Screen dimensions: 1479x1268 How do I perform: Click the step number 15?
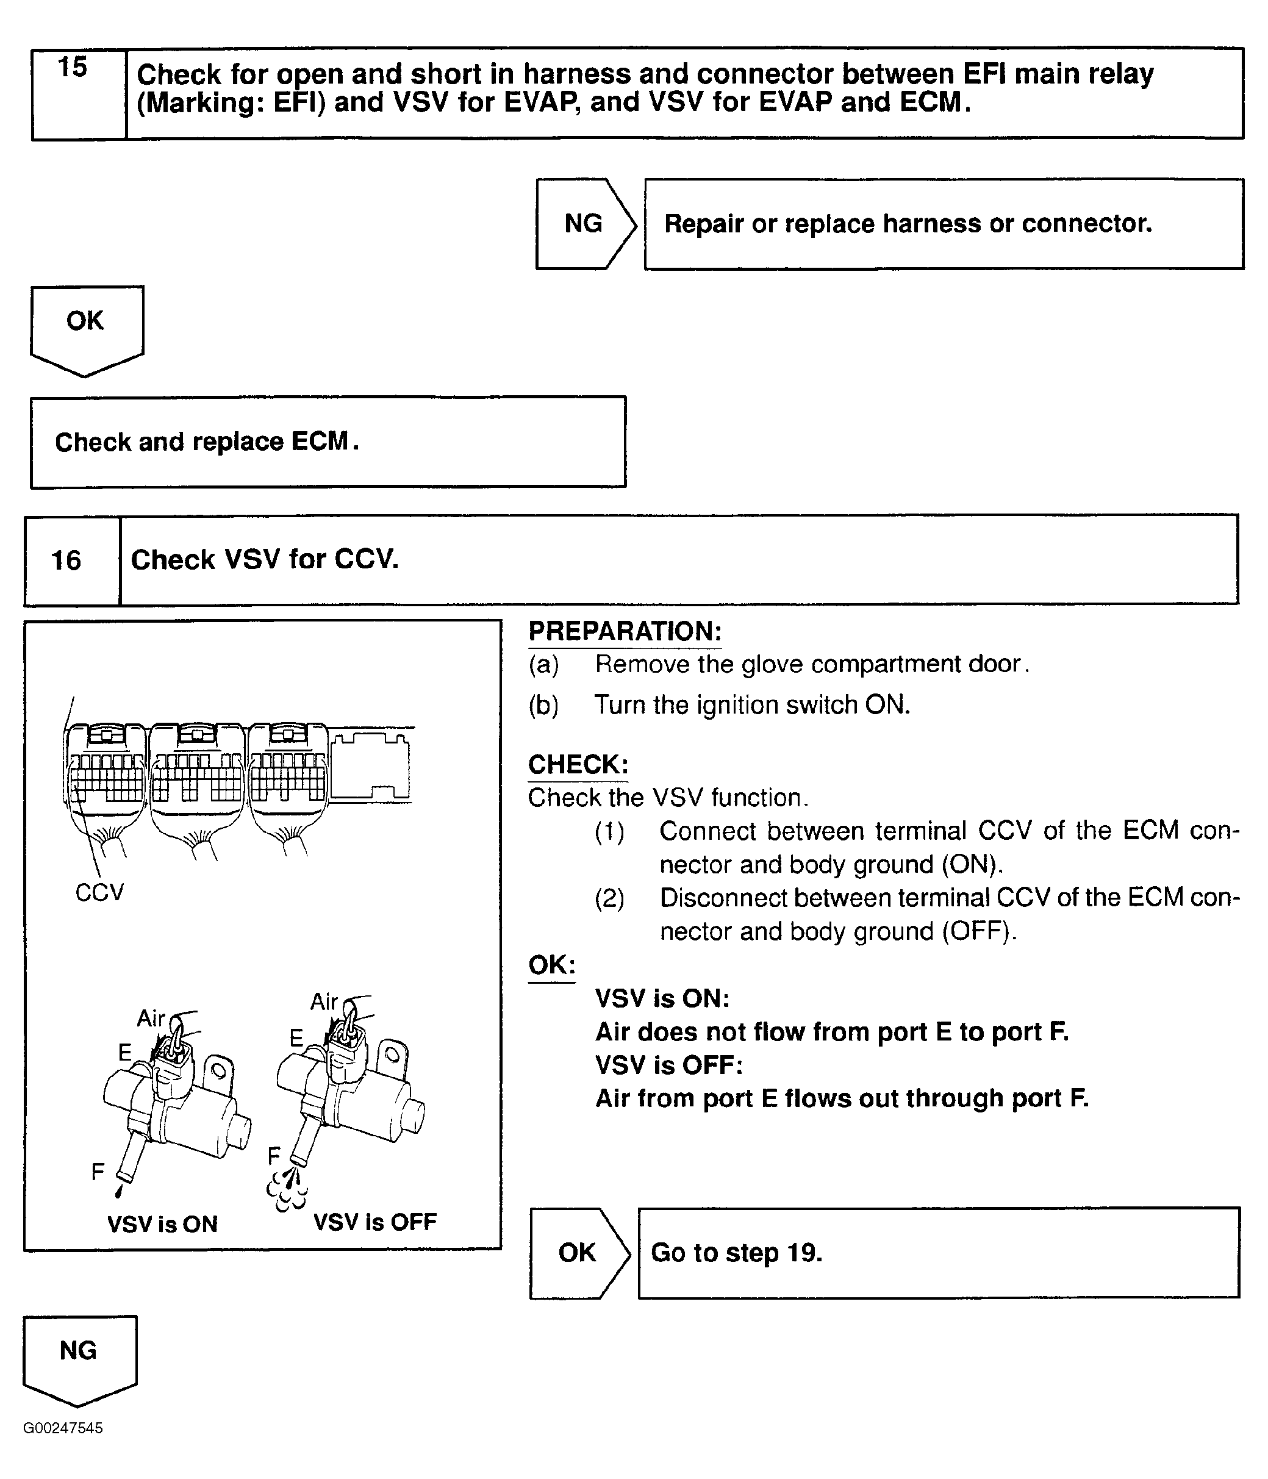coord(72,68)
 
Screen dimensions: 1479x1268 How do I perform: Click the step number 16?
coord(66,561)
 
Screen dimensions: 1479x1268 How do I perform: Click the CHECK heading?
coord(578,764)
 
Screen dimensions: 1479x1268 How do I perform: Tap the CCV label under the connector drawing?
coord(99,892)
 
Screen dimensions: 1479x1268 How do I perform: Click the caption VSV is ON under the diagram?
coord(162,1224)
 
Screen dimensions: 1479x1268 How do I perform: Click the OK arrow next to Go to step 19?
coord(578,1253)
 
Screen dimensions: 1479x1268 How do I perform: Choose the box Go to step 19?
coord(938,1253)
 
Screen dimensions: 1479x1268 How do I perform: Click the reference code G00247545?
coord(63,1428)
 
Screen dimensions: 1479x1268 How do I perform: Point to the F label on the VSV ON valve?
coord(98,1172)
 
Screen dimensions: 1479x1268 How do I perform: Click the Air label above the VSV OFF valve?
coord(323,1002)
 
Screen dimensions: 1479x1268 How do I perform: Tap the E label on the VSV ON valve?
coord(125,1052)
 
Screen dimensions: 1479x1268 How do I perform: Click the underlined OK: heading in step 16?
coord(551,965)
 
